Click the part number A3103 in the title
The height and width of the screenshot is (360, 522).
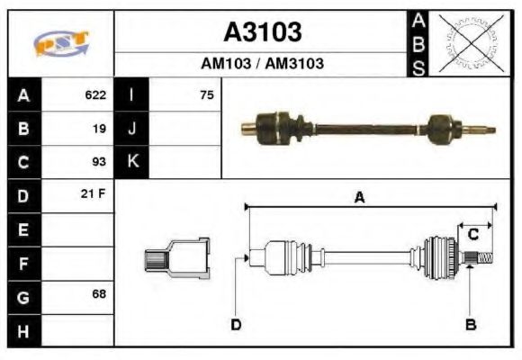[262, 32]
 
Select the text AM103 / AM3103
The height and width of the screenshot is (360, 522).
[262, 64]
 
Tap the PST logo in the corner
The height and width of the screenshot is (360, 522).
[61, 43]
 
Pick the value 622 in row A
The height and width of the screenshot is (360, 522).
[95, 94]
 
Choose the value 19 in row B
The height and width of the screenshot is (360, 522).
[99, 128]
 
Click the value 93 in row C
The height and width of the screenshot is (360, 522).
[99, 162]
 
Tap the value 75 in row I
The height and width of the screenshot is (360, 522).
[206, 94]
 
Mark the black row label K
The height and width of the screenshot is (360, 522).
[132, 162]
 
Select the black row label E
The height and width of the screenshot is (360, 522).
[23, 229]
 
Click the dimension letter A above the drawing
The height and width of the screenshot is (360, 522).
[359, 197]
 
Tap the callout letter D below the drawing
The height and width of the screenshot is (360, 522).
[236, 324]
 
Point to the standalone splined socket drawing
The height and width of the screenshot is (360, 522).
[177, 260]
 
